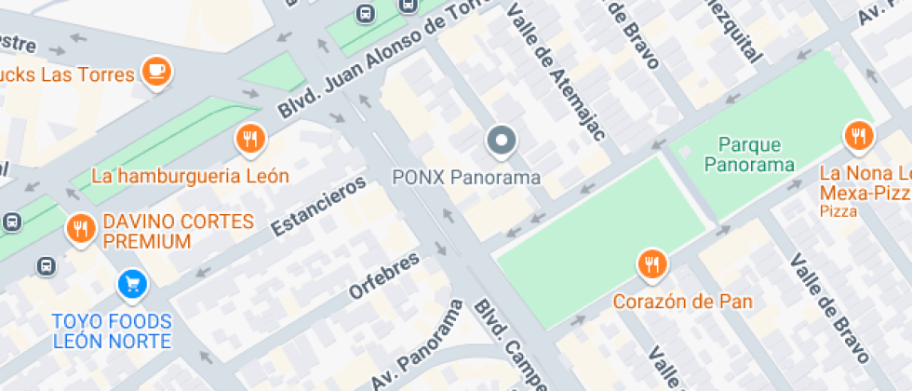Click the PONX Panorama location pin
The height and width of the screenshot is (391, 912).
tap(502, 142)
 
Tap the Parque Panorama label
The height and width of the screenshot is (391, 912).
tap(749, 155)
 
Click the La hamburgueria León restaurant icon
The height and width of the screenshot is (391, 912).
tap(248, 140)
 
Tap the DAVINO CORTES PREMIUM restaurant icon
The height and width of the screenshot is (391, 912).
tap(81, 228)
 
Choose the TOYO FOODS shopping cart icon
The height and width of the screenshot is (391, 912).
tap(132, 284)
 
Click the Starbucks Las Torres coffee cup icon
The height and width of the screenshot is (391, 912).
tap(155, 72)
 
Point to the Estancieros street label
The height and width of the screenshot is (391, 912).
tap(318, 206)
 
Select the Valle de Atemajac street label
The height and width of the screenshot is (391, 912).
tap(557, 71)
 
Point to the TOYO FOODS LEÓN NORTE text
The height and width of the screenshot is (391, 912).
tap(112, 330)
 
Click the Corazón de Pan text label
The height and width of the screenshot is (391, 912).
tap(682, 302)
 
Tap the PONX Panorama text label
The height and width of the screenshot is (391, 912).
tap(466, 177)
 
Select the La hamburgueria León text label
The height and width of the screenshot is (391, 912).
tap(190, 175)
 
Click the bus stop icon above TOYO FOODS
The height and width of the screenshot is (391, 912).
tap(46, 266)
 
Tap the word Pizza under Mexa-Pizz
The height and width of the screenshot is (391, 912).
tap(838, 212)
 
